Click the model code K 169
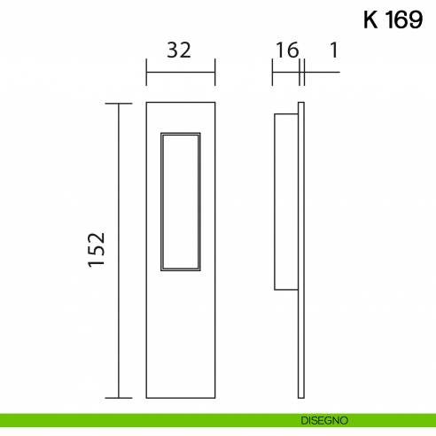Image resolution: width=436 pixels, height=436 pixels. pyautogui.click(x=392, y=20)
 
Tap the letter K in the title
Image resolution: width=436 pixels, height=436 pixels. pyautogui.click(x=371, y=20)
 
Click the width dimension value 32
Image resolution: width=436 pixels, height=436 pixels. pyautogui.click(x=179, y=51)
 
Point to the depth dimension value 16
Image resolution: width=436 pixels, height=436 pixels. pyautogui.click(x=286, y=51)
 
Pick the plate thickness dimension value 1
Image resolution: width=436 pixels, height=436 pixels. pyautogui.click(x=333, y=51)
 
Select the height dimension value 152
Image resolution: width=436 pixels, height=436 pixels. pyautogui.click(x=97, y=250)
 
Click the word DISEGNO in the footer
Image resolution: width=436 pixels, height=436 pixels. pyautogui.click(x=323, y=419)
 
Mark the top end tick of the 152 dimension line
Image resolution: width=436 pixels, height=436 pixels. pyautogui.click(x=119, y=104)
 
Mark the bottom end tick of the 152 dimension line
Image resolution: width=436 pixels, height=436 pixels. pyautogui.click(x=119, y=398)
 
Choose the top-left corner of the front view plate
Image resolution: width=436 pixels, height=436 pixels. pyautogui.click(x=146, y=104)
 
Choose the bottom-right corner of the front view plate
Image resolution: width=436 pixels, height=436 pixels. pyautogui.click(x=214, y=398)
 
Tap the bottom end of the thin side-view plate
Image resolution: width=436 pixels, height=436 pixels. pyautogui.click(x=302, y=397)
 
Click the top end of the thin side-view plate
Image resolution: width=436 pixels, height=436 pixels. pyautogui.click(x=302, y=105)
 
